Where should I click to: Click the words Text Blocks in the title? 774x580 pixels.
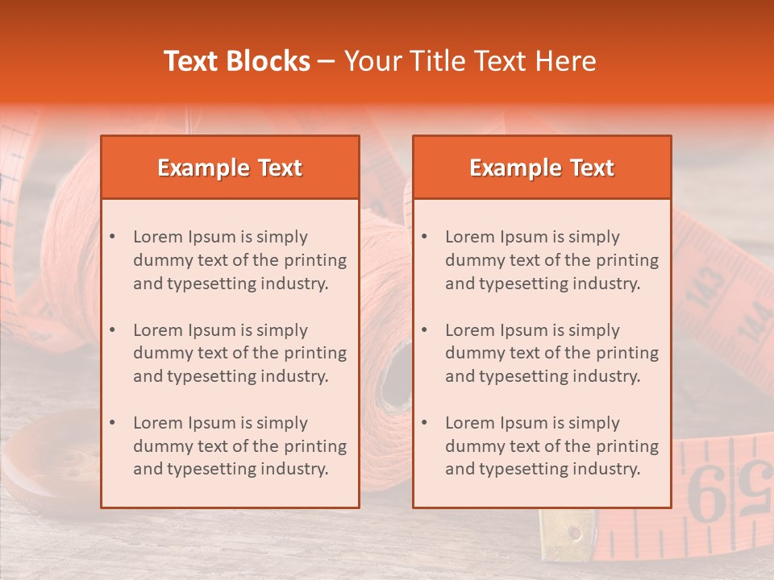(236, 61)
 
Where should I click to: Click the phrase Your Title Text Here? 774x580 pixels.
(470, 61)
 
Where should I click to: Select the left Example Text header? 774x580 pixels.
(230, 168)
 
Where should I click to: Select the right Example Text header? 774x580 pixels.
(542, 168)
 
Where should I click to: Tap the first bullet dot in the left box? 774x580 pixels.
(112, 237)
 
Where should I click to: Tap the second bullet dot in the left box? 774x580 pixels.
(112, 330)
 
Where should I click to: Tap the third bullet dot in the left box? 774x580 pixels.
(112, 423)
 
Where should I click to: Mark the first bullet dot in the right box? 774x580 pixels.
(424, 237)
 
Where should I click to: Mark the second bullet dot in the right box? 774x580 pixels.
(424, 330)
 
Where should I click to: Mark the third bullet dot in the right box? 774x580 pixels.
(424, 423)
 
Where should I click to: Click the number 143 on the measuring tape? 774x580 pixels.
(709, 292)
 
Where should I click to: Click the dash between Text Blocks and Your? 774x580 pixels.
(327, 61)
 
